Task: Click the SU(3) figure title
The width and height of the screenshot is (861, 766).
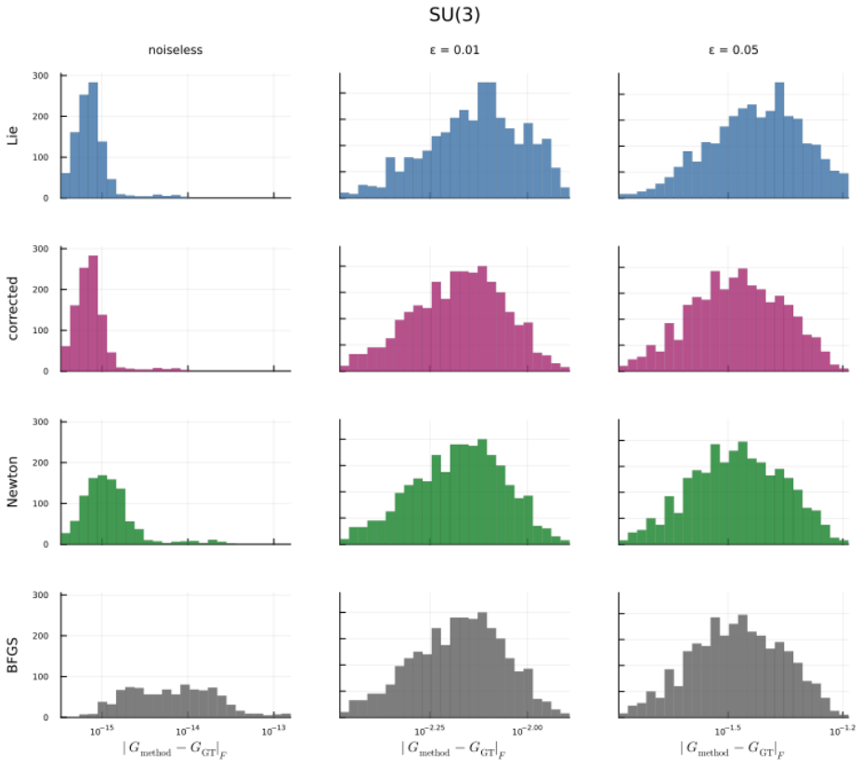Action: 454,15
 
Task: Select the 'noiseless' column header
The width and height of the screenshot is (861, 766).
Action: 176,50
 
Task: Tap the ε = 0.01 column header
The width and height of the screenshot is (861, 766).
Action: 454,50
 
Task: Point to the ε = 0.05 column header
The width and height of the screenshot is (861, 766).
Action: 733,50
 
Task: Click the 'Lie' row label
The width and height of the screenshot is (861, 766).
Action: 12,136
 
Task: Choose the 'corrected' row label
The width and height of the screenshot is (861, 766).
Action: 12,308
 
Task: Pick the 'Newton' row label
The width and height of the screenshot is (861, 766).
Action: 12,482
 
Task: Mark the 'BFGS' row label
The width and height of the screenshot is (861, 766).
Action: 12,656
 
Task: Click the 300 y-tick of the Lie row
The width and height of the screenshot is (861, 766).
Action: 40,76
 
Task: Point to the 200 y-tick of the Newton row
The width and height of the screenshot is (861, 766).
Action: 40,463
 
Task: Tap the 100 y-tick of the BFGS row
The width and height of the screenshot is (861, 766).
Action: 40,677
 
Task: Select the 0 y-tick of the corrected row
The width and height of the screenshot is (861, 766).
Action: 46,371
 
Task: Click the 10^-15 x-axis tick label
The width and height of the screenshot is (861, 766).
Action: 102,730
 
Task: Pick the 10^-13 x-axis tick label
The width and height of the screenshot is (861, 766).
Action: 273,730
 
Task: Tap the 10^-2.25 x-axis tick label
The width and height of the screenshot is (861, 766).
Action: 429,730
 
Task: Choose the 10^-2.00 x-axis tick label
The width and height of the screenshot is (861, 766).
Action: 528,730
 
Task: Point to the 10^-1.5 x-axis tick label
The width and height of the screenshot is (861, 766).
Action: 727,730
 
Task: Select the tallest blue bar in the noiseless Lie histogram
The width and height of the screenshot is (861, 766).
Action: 93,140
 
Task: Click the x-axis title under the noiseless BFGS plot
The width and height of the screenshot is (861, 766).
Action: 176,749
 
